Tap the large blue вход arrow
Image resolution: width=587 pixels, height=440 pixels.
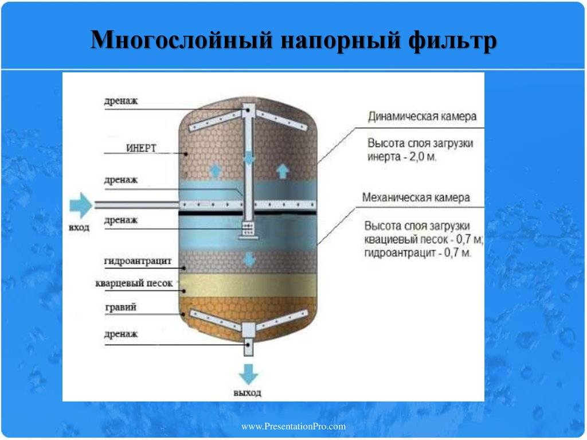coord(80,205)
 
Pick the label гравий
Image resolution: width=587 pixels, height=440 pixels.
coord(120,307)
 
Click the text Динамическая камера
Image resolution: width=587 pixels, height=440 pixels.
coord(422,116)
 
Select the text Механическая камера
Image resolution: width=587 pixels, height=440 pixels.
coord(416,197)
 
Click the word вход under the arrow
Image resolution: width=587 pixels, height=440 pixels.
coord(80,228)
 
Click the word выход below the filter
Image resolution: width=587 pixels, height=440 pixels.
coord(248,394)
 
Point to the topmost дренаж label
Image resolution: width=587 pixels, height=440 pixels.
coord(121,101)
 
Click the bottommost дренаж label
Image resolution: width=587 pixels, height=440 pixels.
coord(121,334)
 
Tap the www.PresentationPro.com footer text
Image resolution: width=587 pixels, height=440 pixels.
coord(293,426)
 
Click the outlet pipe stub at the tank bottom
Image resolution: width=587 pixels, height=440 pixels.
coord(248,345)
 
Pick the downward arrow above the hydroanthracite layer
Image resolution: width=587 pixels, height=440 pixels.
coord(249,259)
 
